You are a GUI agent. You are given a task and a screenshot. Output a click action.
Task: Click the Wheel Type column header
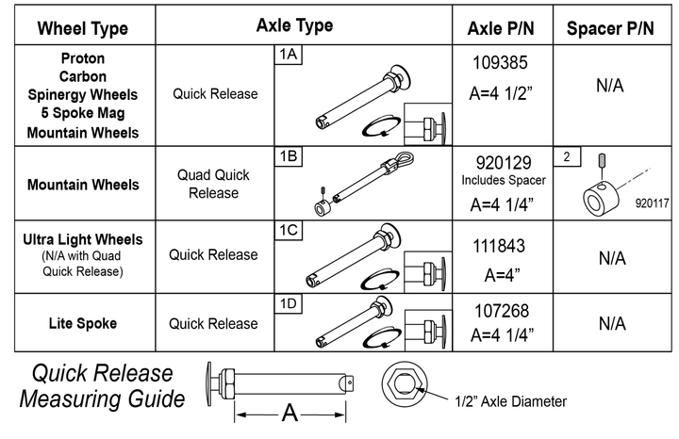pyautogui.click(x=82, y=28)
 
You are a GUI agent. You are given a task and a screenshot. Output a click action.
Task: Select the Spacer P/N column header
pyautogui.click(x=610, y=28)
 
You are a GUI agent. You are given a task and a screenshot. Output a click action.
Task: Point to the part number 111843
pyautogui.click(x=500, y=246)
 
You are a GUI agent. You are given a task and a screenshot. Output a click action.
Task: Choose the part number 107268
pyautogui.click(x=500, y=310)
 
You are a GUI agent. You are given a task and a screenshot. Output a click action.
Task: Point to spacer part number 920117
pyautogui.click(x=651, y=202)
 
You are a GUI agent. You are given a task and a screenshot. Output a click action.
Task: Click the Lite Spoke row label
pyautogui.click(x=82, y=323)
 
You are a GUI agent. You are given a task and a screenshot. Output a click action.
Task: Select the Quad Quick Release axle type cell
pyautogui.click(x=214, y=184)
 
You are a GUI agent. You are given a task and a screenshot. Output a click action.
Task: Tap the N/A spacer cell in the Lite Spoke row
pyautogui.click(x=610, y=323)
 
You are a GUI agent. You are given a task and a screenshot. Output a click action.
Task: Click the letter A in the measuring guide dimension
pyautogui.click(x=290, y=412)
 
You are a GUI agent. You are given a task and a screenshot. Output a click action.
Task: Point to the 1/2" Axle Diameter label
pyautogui.click(x=511, y=401)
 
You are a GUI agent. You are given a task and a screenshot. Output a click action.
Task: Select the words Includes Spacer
pyautogui.click(x=500, y=179)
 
